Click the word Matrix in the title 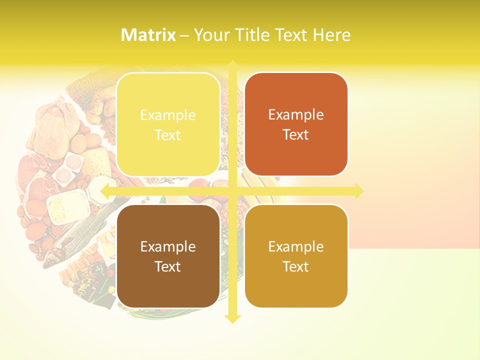click(148, 35)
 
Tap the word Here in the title click(332, 35)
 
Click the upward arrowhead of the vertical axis click(233, 64)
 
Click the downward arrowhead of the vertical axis click(233, 319)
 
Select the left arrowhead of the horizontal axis click(104, 191)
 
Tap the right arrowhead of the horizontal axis click(358, 191)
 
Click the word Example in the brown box click(168, 246)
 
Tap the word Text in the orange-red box click(296, 135)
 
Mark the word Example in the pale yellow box click(168, 115)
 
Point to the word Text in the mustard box click(296, 266)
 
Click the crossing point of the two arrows click(233, 191)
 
